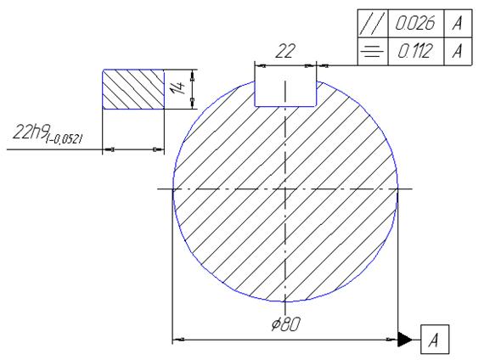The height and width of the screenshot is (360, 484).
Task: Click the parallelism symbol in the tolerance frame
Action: (373, 24)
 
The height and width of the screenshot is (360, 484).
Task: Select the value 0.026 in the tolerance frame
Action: (415, 23)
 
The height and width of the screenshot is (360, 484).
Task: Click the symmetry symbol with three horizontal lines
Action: (372, 51)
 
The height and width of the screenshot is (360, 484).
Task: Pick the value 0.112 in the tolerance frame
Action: (414, 51)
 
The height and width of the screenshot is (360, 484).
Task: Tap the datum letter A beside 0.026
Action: (458, 23)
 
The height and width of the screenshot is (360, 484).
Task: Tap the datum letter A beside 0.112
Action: (458, 51)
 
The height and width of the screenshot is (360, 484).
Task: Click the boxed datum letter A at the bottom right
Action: (435, 340)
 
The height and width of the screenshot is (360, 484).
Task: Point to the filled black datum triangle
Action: (404, 340)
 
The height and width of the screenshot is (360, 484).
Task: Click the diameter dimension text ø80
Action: (285, 324)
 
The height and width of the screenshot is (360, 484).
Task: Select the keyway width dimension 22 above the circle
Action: (285, 51)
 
